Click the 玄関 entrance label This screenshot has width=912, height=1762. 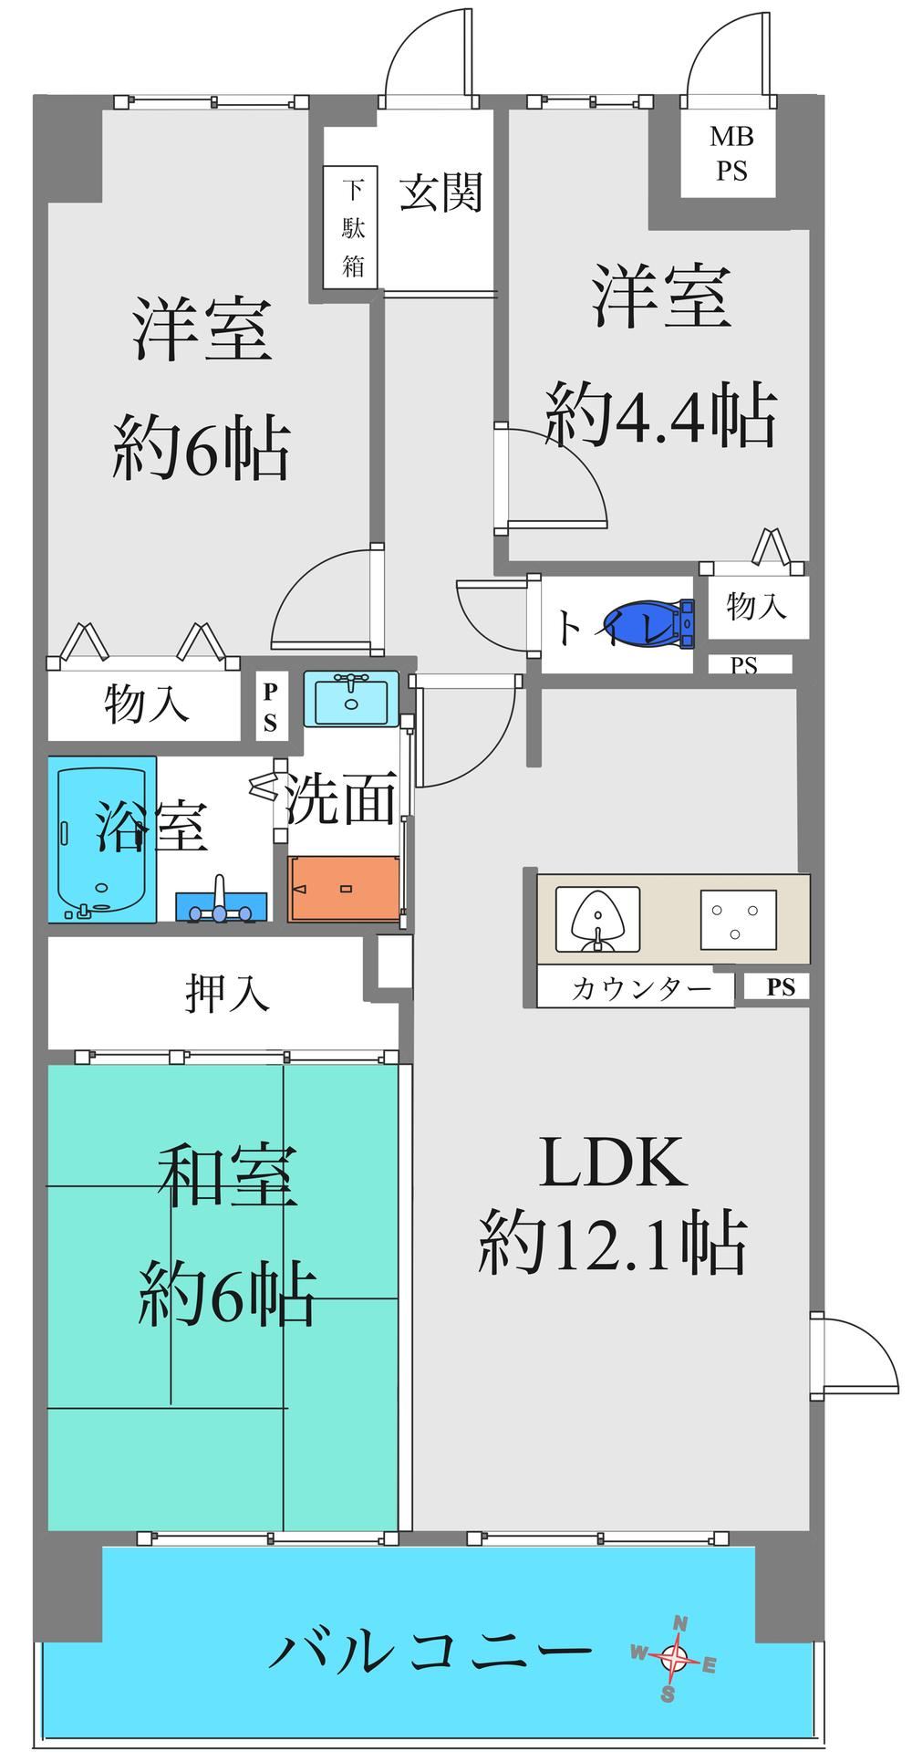pyautogui.click(x=440, y=193)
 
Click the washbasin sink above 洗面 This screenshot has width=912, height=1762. pyautogui.click(x=351, y=698)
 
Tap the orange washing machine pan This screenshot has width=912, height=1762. pyautogui.click(x=345, y=889)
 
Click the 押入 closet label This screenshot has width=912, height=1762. pyautogui.click(x=227, y=993)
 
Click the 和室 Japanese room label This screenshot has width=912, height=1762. pyautogui.click(x=227, y=1178)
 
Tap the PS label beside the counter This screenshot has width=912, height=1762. pyautogui.click(x=781, y=987)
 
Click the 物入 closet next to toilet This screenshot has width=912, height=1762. pyautogui.click(x=756, y=606)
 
